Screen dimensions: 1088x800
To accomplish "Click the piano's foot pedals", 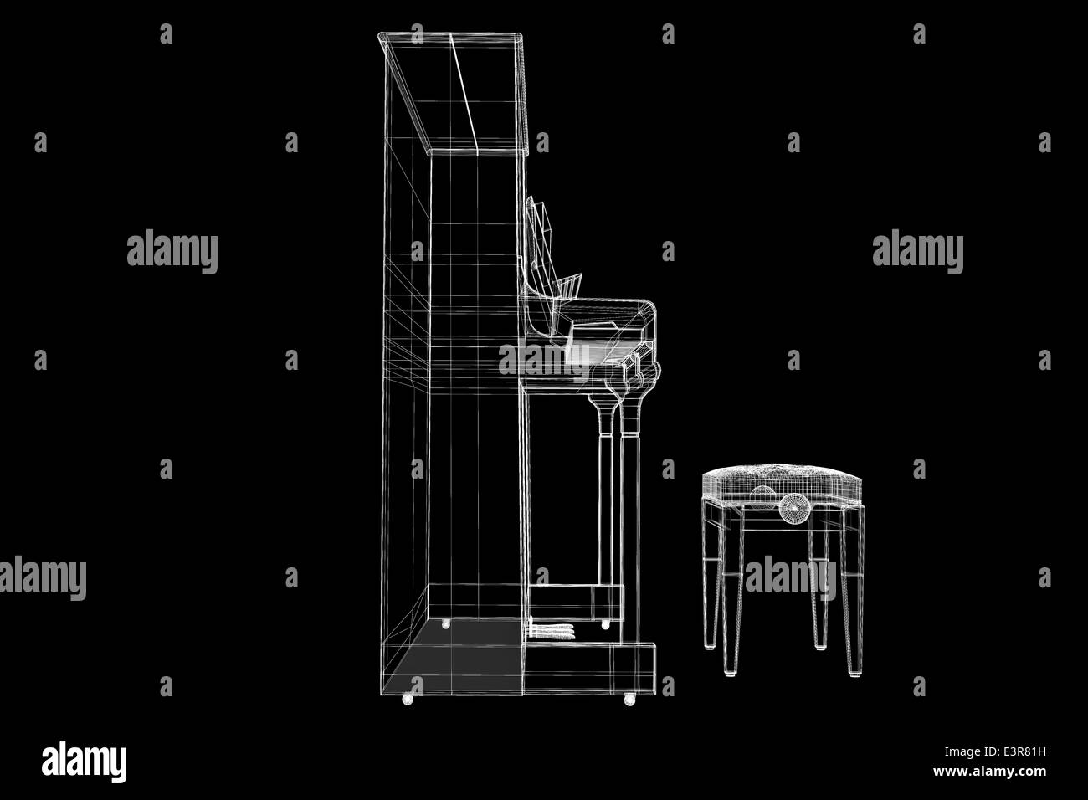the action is click(x=552, y=630).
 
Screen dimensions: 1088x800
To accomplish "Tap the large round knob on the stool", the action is click(x=794, y=508).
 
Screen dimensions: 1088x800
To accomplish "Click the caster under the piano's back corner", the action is click(x=408, y=699).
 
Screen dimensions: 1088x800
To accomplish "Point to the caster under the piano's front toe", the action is click(x=629, y=700).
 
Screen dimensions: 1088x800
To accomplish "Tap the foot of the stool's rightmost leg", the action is click(x=854, y=674).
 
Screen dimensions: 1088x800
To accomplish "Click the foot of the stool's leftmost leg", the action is click(x=709, y=647).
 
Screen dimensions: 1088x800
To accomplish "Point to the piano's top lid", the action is click(x=452, y=92).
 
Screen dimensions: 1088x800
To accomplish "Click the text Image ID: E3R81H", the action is click(x=995, y=752).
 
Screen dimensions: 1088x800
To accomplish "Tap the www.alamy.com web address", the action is click(x=989, y=772).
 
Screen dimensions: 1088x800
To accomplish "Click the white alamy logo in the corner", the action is click(x=84, y=762).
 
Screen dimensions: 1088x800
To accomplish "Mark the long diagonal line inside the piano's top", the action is click(x=464, y=95).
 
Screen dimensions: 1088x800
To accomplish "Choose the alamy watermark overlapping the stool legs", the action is click(x=790, y=577).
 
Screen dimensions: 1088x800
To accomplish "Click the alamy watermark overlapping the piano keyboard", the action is click(x=543, y=361).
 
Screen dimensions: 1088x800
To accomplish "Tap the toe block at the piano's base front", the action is click(x=591, y=669).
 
